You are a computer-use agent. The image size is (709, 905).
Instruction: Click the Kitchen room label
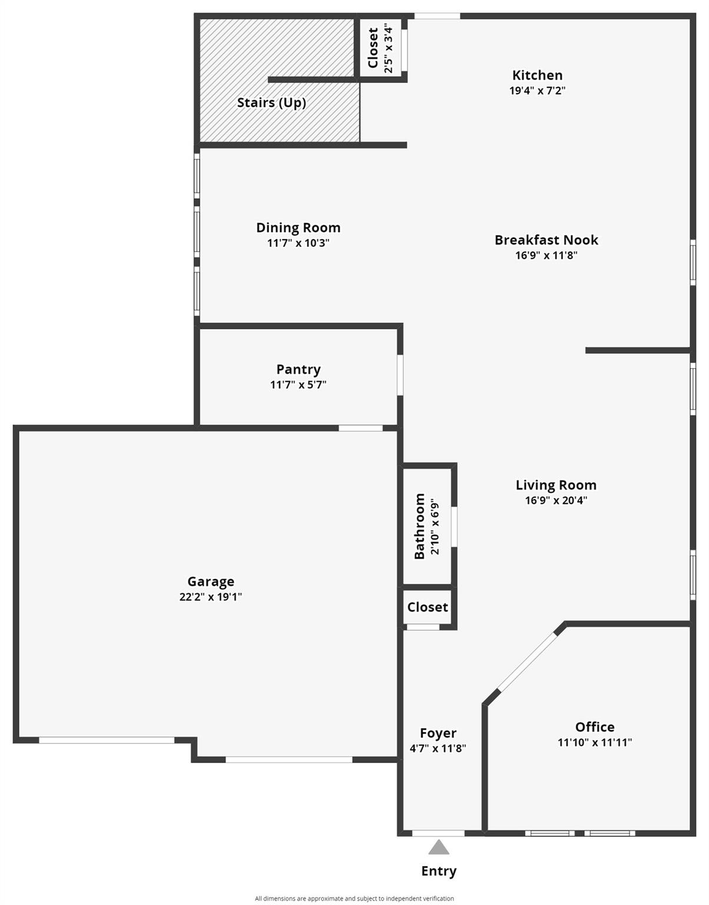click(x=537, y=75)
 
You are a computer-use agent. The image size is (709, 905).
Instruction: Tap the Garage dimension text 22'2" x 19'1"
click(x=211, y=597)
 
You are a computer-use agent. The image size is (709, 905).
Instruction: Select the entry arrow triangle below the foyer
click(x=439, y=848)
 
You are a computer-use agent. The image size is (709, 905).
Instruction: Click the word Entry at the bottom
click(x=439, y=871)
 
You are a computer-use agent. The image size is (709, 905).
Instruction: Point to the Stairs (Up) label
click(x=271, y=103)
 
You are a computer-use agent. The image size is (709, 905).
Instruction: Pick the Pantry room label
click(x=299, y=369)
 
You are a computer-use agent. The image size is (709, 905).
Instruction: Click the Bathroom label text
click(x=419, y=526)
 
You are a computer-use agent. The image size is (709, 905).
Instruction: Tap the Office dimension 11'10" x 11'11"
click(x=595, y=742)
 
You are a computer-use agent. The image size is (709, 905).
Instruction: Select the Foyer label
click(x=438, y=733)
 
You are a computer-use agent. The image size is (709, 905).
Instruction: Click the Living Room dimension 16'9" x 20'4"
click(x=556, y=501)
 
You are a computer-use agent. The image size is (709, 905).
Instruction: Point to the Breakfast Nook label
click(x=546, y=240)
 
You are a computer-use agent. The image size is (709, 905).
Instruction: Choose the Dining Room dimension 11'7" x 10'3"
click(x=298, y=243)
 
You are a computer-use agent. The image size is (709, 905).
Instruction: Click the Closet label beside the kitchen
click(x=373, y=48)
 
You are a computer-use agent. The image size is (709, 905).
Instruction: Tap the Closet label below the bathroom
click(x=428, y=607)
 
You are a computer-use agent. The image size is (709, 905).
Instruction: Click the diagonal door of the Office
click(x=528, y=662)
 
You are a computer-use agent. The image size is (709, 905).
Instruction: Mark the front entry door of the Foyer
click(x=438, y=833)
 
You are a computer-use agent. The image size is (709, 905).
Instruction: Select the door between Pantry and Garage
click(x=360, y=428)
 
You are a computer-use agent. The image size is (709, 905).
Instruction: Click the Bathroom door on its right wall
click(x=454, y=526)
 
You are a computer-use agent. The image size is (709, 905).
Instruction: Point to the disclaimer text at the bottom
click(x=354, y=899)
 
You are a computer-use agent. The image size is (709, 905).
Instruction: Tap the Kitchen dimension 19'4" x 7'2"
click(x=537, y=91)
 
